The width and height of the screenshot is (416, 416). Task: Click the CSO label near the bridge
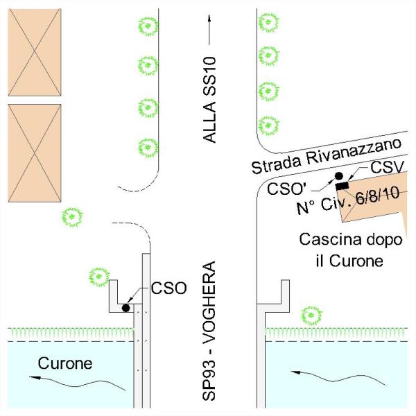coord(168,288)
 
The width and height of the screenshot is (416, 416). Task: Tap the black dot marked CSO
coord(125,308)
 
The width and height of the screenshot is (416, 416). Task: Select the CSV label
coord(387,167)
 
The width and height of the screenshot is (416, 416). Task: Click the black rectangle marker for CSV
coord(342,186)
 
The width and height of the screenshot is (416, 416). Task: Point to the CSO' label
coord(286,189)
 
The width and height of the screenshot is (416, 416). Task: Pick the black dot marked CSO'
coord(339,175)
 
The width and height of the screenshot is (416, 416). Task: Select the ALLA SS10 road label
coord(209,100)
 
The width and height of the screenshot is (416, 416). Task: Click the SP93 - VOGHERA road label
coord(209,331)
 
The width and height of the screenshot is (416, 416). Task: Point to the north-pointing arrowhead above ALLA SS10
coord(209,18)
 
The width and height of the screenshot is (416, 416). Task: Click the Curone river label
coord(65,363)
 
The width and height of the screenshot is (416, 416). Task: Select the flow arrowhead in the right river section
coord(297,372)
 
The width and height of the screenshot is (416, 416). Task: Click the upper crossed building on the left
coord(35,52)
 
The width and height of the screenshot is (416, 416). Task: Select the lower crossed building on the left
coord(35,153)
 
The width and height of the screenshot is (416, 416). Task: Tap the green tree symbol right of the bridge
coord(311,315)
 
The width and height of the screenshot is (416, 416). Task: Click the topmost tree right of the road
coord(268,22)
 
